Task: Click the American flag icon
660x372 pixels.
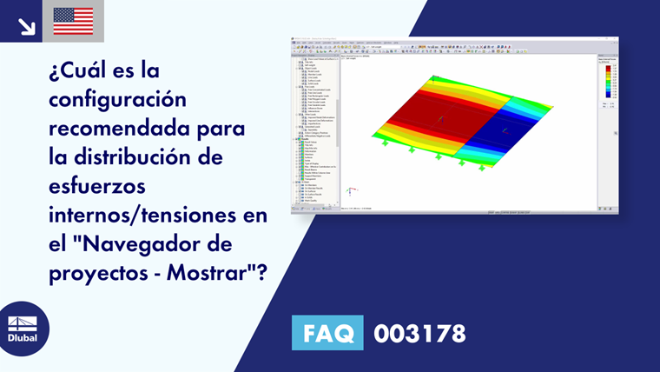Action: (x=73, y=21)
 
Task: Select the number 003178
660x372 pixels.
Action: (x=419, y=333)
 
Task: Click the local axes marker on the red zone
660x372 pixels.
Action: (x=440, y=118)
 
